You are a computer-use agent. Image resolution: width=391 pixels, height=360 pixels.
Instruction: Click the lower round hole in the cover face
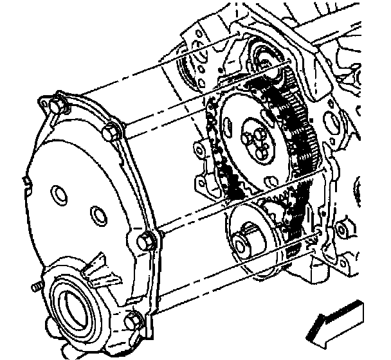[96, 214]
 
